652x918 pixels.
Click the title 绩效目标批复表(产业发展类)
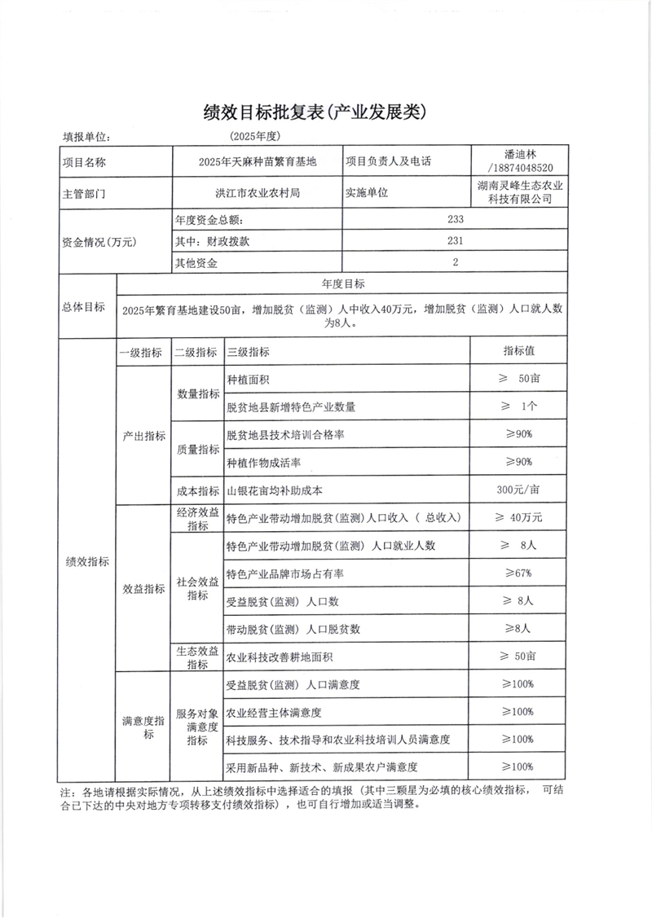[x=325, y=112]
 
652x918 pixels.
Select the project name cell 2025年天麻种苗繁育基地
[x=256, y=161]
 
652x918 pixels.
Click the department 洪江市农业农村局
[x=256, y=194]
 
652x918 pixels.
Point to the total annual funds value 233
[x=456, y=220]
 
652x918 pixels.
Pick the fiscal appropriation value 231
[x=456, y=241]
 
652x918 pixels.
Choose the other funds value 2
[x=456, y=262]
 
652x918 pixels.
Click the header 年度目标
[x=343, y=283]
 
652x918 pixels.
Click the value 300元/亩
[x=518, y=490]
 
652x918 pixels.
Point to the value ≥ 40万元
[x=518, y=518]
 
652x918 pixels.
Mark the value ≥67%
[x=518, y=573]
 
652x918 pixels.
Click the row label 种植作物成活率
[x=263, y=463]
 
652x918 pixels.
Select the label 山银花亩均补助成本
[x=274, y=490]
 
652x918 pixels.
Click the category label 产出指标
[x=143, y=435]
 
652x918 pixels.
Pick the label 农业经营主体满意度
[x=274, y=712]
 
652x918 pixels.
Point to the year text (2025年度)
[x=255, y=136]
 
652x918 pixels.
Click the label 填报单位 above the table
[x=86, y=138]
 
